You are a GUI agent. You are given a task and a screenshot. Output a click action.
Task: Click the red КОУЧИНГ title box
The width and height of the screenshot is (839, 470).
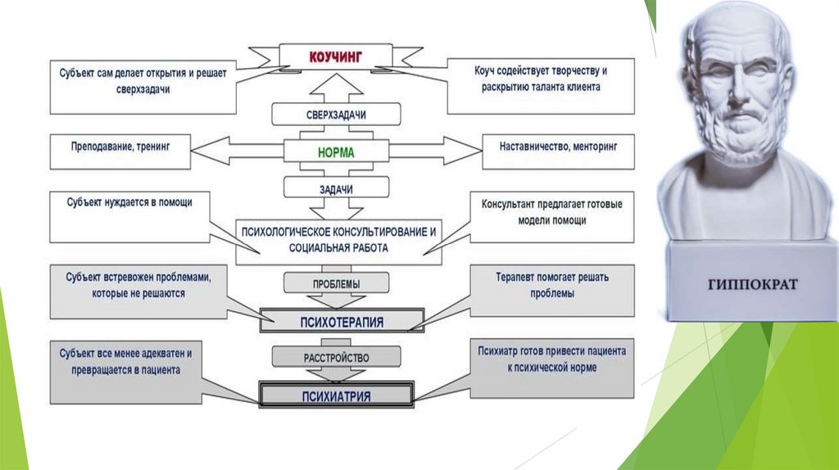(x=336, y=56)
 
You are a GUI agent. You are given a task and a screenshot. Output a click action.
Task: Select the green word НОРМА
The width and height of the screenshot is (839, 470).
(x=336, y=151)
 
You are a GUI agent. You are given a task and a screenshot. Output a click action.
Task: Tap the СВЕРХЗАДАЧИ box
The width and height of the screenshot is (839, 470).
(x=336, y=114)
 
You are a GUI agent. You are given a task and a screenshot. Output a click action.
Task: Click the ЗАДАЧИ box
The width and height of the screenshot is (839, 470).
(x=336, y=188)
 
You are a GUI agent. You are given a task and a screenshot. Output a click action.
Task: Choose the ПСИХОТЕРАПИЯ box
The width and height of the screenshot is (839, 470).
(x=342, y=320)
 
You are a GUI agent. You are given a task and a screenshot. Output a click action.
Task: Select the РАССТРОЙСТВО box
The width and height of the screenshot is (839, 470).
(x=336, y=357)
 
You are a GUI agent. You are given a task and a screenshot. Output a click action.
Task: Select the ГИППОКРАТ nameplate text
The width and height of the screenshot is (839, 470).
(x=751, y=285)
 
